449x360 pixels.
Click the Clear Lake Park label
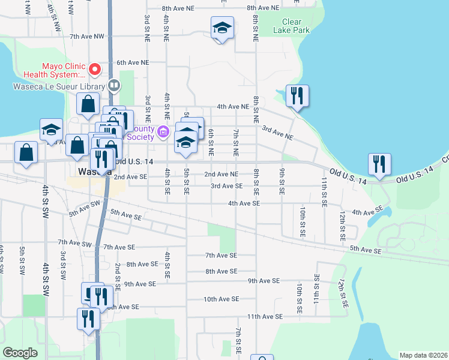pos(292,26)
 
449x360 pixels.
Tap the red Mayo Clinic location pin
pos(95,70)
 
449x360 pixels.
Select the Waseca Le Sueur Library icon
pos(113,86)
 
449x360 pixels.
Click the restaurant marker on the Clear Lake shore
pos(297,96)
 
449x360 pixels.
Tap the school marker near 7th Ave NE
pos(222,28)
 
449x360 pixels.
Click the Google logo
pos(21,352)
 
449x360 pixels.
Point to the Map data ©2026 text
pos(423,355)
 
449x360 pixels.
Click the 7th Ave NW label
pos(87,36)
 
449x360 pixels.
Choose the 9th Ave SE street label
pos(264,280)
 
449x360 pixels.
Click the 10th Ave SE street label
pos(221,299)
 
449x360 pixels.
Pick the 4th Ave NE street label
pos(233,106)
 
